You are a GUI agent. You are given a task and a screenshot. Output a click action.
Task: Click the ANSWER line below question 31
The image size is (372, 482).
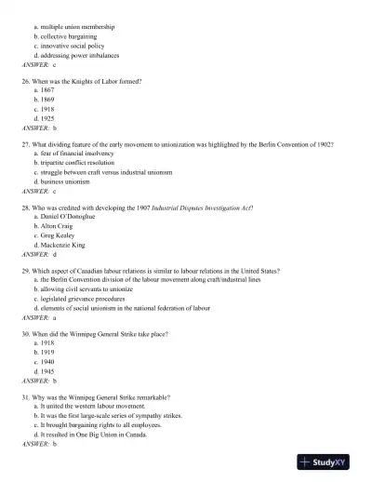(x=40, y=444)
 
